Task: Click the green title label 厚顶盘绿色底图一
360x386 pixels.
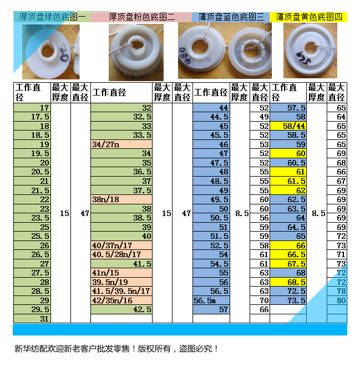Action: (52, 17)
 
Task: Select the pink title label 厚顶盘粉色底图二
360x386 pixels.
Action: (142, 17)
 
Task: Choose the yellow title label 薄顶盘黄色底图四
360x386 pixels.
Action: (308, 17)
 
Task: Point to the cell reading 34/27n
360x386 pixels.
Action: (121, 144)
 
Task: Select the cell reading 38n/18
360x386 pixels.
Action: (121, 199)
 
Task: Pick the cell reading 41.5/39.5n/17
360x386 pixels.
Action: (121, 291)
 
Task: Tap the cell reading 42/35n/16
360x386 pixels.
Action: (121, 300)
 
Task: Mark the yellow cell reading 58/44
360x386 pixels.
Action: (288, 126)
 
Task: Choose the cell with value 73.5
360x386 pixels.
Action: (288, 300)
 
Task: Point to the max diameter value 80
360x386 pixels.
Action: (337, 300)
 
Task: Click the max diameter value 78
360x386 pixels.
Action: (337, 291)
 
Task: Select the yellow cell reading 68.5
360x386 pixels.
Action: (288, 282)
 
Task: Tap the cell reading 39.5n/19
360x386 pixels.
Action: (121, 282)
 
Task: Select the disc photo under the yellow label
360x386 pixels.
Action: (310, 51)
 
